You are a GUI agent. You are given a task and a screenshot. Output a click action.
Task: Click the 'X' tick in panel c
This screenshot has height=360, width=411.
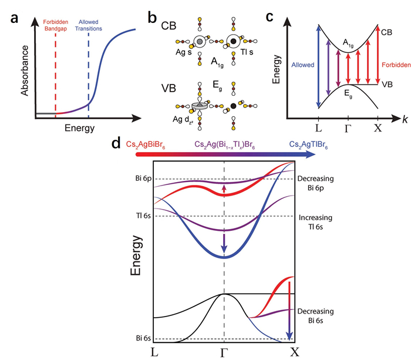pos(379,127)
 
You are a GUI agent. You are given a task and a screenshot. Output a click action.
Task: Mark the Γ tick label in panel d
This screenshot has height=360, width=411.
pos(224,352)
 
